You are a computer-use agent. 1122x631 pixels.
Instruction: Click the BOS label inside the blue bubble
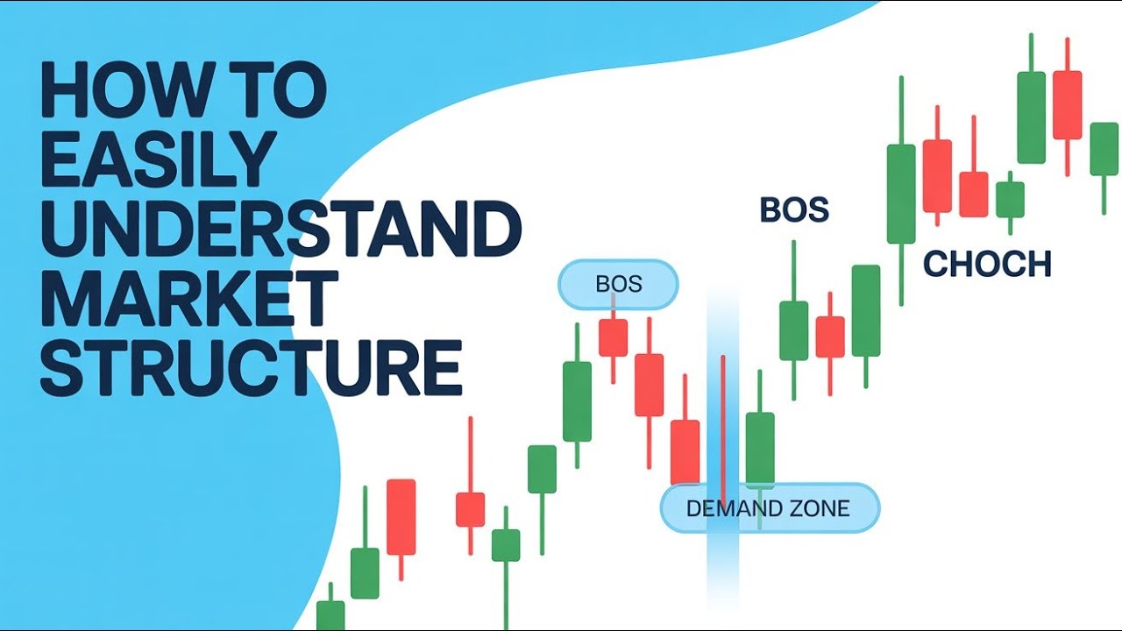[x=618, y=285]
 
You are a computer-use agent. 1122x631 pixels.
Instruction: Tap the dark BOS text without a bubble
[x=793, y=210]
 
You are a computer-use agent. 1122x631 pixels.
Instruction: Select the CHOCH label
[x=986, y=264]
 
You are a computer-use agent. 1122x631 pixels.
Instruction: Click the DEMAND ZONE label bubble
[x=768, y=508]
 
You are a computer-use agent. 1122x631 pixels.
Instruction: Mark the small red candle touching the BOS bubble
[x=613, y=337]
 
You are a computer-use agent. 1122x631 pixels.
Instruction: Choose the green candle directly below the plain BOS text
[x=793, y=330]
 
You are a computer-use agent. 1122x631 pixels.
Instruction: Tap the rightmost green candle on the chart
[x=1104, y=149]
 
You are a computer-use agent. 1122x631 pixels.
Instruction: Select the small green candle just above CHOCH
[x=1010, y=200]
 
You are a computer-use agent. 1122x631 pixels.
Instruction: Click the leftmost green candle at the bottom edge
[x=330, y=614]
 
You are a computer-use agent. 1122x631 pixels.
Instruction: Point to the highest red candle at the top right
[x=1067, y=105]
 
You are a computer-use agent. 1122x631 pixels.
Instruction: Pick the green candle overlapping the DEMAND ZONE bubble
[x=760, y=449]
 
